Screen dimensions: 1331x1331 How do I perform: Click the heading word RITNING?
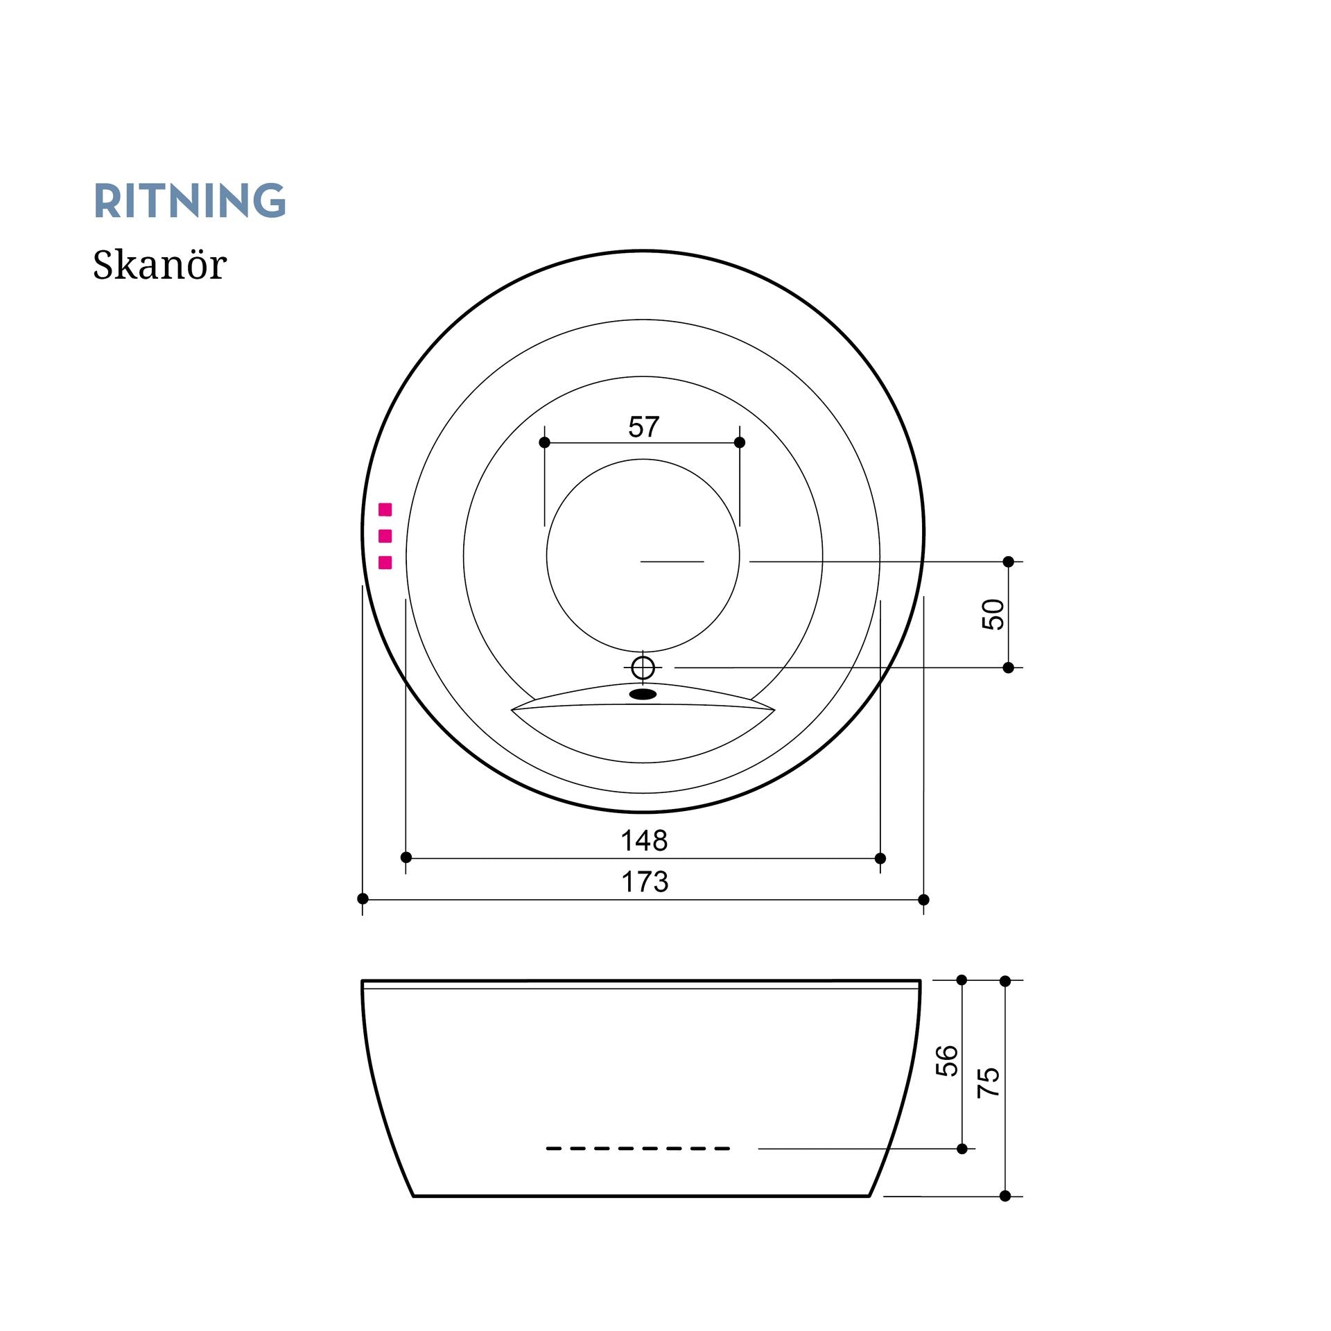(189, 200)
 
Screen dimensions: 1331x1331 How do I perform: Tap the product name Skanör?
(159, 265)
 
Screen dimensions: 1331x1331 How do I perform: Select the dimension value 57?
(644, 426)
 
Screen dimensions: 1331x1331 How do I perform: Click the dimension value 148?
(644, 841)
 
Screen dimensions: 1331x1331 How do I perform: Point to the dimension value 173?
(645, 882)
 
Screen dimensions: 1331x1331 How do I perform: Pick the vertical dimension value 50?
(993, 614)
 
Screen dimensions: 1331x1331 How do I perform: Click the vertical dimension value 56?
(947, 1061)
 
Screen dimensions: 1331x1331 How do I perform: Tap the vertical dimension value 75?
(989, 1081)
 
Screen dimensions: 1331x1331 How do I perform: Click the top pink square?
(385, 510)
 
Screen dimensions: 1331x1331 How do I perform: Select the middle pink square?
(385, 536)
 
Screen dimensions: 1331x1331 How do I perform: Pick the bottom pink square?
(385, 562)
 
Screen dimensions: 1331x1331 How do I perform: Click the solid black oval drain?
(643, 694)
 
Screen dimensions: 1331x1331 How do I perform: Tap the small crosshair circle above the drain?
(643, 668)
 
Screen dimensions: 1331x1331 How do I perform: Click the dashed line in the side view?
(638, 1149)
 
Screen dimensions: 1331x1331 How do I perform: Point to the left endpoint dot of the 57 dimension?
(544, 442)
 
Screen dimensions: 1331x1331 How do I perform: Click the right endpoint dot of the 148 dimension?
(880, 858)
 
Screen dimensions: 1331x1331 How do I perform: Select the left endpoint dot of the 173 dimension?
(363, 898)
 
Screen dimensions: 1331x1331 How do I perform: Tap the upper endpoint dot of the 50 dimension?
(1009, 562)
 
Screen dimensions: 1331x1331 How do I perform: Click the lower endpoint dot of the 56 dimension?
(962, 1149)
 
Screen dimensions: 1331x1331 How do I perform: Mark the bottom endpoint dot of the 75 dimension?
(1005, 1196)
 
